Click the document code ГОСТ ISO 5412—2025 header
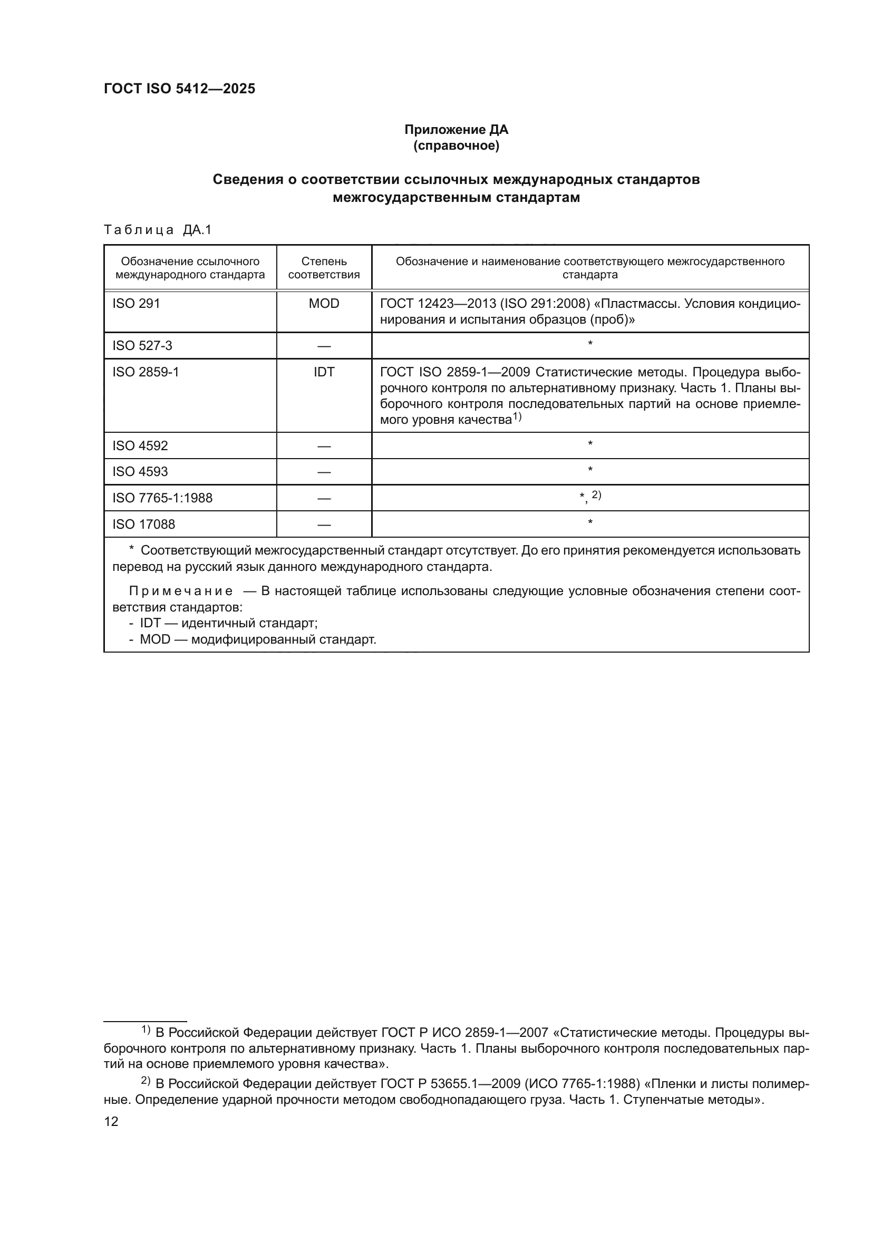coord(179,89)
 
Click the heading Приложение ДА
coord(456,130)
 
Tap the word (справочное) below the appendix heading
coord(456,145)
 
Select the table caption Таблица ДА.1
coord(158,230)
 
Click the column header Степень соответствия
coord(324,268)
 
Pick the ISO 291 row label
coord(137,304)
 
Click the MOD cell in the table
coord(324,304)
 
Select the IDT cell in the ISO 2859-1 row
coord(324,372)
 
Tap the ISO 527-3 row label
coord(142,345)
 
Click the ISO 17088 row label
coord(143,524)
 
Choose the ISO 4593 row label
coord(140,471)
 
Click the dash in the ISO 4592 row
coord(324,446)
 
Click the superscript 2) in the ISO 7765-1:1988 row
coord(597,495)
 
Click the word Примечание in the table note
coord(181,591)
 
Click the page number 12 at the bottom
coord(111,1121)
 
